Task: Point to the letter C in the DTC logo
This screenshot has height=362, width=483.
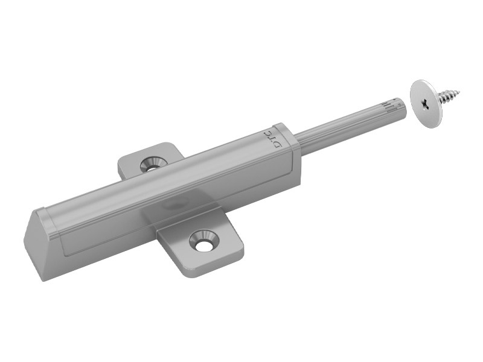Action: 267,133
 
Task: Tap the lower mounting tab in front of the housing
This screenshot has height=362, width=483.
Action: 200,243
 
